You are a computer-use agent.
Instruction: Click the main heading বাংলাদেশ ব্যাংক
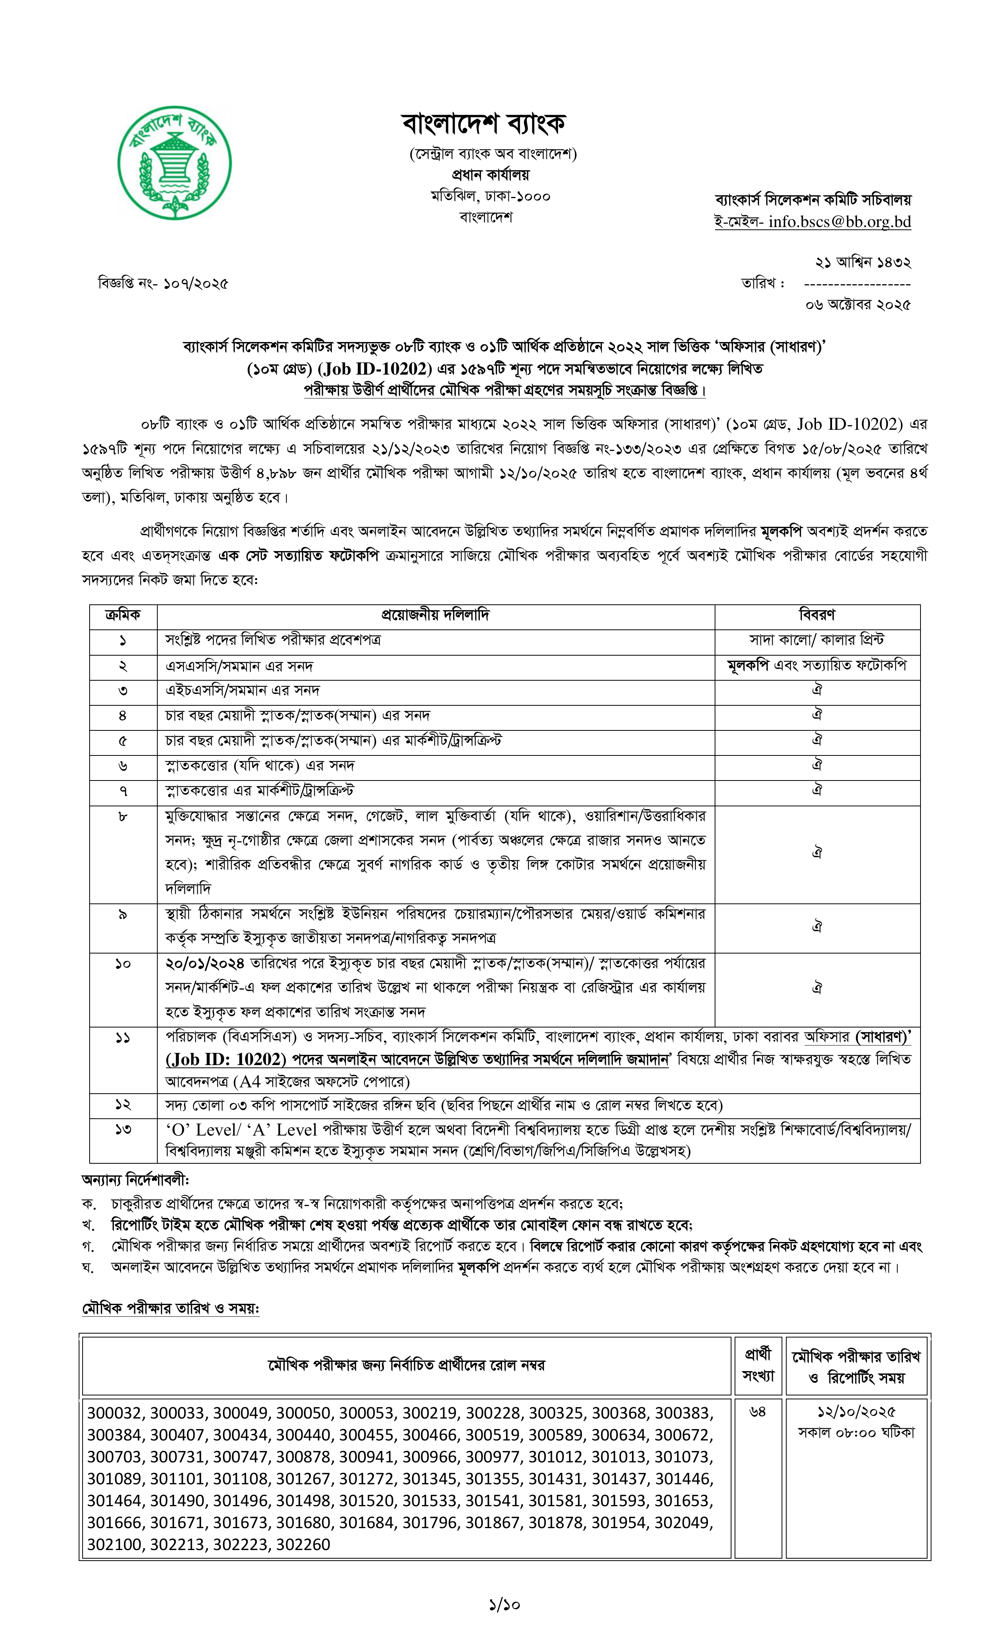point(484,123)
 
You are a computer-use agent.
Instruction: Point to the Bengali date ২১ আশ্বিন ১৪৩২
point(863,262)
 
